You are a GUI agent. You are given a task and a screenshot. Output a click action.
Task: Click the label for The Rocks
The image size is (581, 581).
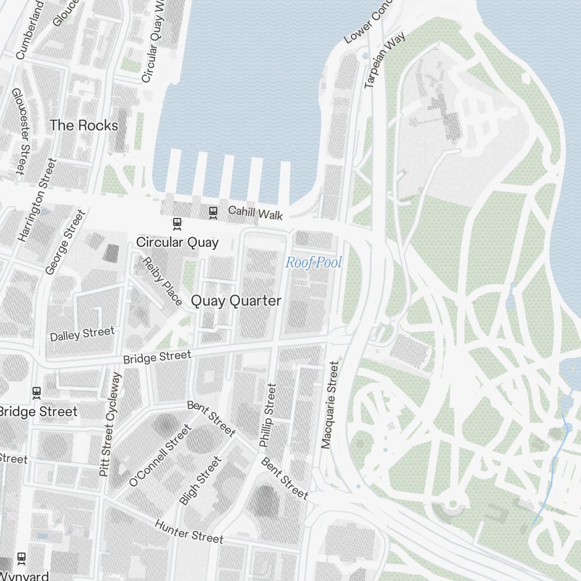pyautogui.click(x=84, y=125)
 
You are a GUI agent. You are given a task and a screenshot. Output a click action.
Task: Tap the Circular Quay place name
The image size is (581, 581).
pyautogui.click(x=177, y=242)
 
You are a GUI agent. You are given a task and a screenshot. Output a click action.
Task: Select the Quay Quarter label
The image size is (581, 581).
pyautogui.click(x=236, y=301)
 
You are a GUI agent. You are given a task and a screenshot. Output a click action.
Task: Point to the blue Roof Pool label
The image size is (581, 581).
pyautogui.click(x=313, y=263)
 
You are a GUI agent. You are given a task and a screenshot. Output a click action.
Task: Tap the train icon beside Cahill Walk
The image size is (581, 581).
pyautogui.click(x=213, y=212)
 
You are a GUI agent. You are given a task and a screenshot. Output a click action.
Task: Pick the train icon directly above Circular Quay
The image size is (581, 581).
pyautogui.click(x=176, y=223)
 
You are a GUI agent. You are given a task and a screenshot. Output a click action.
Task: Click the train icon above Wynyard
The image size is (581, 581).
pyautogui.click(x=22, y=558)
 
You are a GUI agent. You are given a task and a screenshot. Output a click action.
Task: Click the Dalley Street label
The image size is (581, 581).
pyautogui.click(x=83, y=334)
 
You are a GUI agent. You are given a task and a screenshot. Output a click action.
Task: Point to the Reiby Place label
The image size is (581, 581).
pyautogui.click(x=163, y=281)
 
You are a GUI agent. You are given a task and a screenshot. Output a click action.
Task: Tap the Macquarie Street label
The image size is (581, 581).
pyautogui.click(x=329, y=405)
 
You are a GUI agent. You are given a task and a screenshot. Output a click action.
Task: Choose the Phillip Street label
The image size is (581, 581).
pyautogui.click(x=268, y=415)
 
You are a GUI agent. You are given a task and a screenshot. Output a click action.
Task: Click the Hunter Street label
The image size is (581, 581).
pyautogui.click(x=189, y=532)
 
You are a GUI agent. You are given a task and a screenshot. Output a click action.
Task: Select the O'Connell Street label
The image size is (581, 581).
pyautogui.click(x=160, y=456)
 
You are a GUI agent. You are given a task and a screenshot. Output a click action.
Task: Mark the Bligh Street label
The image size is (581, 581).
pyautogui.click(x=200, y=480)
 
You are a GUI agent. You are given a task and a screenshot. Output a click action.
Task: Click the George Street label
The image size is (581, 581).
pyautogui.click(x=65, y=242)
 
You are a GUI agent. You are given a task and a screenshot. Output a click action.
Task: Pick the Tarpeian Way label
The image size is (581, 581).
pyautogui.click(x=376, y=60)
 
